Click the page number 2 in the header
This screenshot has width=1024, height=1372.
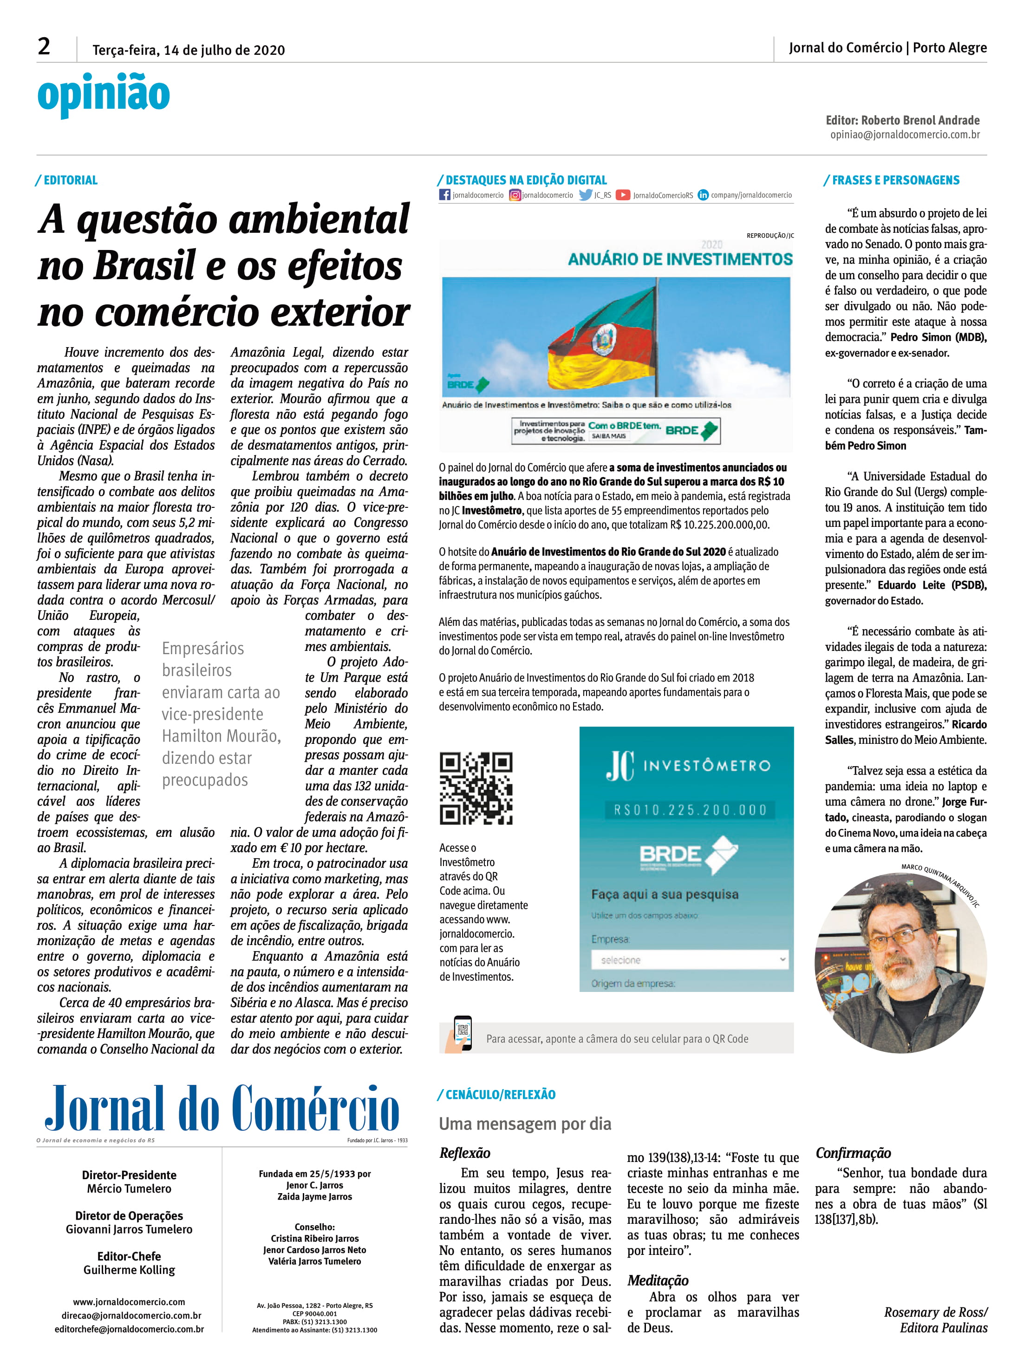pyautogui.click(x=44, y=46)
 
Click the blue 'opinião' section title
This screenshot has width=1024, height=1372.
pyautogui.click(x=104, y=95)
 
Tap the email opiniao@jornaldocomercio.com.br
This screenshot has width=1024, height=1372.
pyautogui.click(x=905, y=135)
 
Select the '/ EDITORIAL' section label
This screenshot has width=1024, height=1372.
pyautogui.click(x=67, y=180)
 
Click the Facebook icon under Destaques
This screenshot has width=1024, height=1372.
pyautogui.click(x=444, y=195)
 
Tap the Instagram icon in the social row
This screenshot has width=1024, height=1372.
pyautogui.click(x=515, y=195)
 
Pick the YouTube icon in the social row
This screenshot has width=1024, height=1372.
pyautogui.click(x=622, y=195)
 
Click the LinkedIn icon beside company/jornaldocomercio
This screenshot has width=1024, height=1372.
pyautogui.click(x=703, y=195)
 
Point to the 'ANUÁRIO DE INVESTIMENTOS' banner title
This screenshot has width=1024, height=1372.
pyautogui.click(x=680, y=259)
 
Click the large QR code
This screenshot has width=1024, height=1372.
pyautogui.click(x=476, y=788)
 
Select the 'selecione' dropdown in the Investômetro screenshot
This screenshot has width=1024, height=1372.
pyautogui.click(x=689, y=960)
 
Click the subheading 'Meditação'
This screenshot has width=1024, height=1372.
pyautogui.click(x=658, y=1280)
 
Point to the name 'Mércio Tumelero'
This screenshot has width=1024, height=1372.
pyautogui.click(x=129, y=1188)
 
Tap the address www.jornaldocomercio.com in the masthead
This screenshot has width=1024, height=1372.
pyautogui.click(x=129, y=1302)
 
